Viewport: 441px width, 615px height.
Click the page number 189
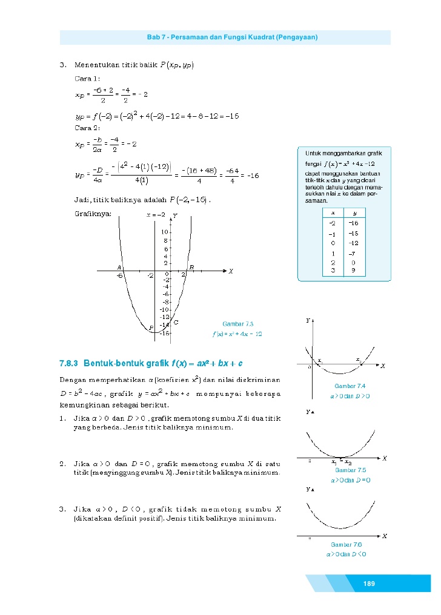(x=369, y=584)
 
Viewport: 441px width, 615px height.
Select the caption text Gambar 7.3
(x=237, y=324)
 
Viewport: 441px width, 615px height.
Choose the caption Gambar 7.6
(x=346, y=544)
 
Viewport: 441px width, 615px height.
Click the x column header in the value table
(x=332, y=212)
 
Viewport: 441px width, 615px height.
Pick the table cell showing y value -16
(x=354, y=223)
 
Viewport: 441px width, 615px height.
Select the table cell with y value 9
(x=354, y=271)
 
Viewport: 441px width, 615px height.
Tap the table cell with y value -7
(x=354, y=254)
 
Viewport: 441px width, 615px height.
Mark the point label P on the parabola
(x=151, y=328)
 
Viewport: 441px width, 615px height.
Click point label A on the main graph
(x=119, y=267)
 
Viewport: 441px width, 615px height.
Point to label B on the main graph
(x=191, y=267)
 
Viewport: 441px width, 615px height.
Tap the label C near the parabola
(x=176, y=322)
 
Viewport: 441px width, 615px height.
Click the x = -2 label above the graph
(x=156, y=215)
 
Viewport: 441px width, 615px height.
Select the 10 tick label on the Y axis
(x=164, y=232)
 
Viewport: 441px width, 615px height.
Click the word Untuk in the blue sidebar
(x=313, y=154)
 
